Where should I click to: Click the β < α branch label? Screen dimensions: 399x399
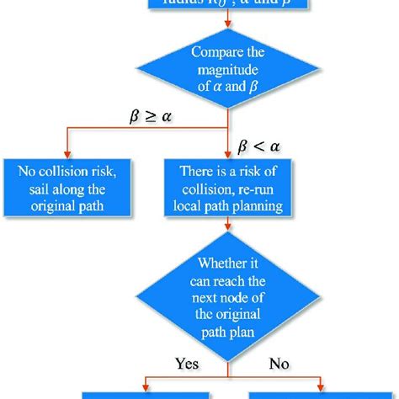263,146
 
